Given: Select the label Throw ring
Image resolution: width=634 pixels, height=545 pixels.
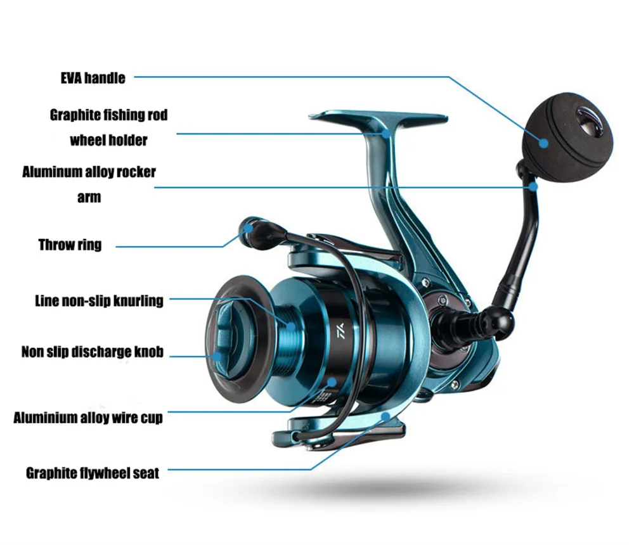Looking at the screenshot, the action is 70,245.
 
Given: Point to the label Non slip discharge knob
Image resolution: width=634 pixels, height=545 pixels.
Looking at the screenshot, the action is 92,352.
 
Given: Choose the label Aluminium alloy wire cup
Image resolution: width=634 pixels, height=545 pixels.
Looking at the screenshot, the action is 88,418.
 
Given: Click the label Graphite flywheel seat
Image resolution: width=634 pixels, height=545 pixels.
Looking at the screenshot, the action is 93,473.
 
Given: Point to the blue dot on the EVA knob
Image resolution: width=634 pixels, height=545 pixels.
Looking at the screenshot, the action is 543,143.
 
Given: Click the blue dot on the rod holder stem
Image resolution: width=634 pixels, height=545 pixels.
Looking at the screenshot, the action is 385,133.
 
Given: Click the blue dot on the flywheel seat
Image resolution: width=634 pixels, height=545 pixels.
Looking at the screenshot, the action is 386,416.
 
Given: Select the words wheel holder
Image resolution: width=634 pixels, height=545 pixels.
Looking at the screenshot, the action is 108,140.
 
